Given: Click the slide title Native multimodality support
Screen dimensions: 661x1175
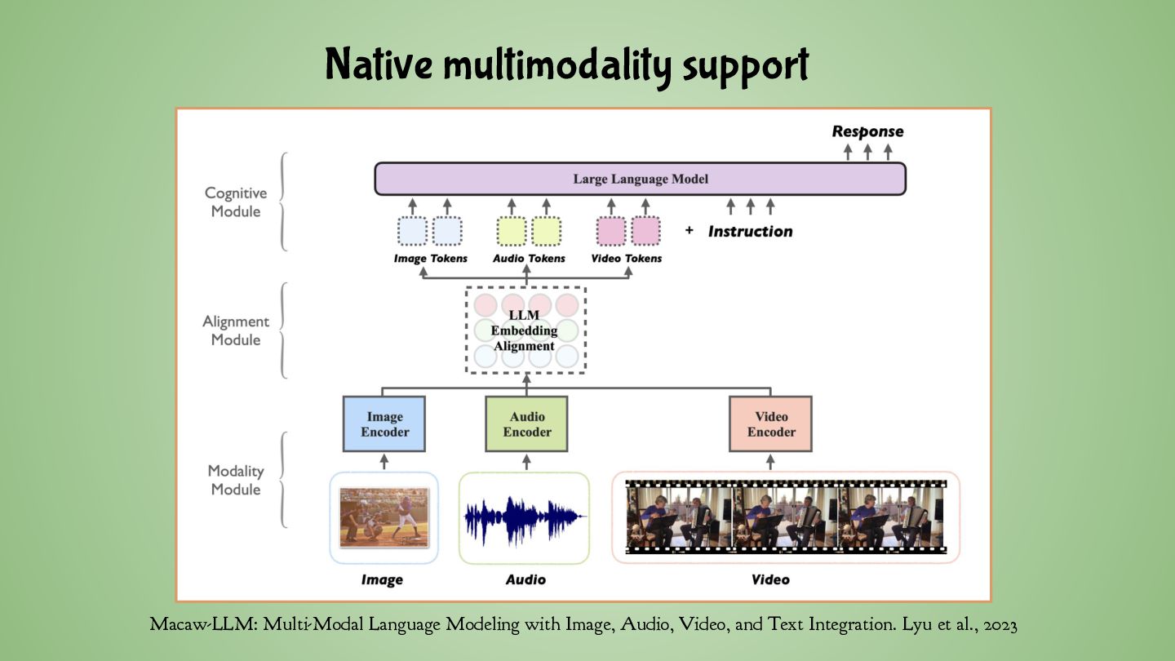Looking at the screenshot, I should (x=566, y=66).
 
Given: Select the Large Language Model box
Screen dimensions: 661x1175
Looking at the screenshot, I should (x=640, y=179).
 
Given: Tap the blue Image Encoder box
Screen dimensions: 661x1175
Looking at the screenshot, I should (x=384, y=424).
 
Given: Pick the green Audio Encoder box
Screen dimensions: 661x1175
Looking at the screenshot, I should (x=526, y=424).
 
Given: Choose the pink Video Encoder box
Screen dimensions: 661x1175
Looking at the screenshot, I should (x=770, y=424).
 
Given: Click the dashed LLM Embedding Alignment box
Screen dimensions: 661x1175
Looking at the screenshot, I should (x=525, y=330).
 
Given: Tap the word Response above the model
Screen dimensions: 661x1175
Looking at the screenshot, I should (x=867, y=131).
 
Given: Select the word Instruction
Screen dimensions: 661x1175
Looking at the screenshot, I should (x=750, y=231).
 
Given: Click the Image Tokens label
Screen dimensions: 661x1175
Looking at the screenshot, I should (x=430, y=259).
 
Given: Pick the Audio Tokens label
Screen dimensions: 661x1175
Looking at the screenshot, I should (x=529, y=259).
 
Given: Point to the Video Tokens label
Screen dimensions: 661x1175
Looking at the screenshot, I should (x=626, y=259).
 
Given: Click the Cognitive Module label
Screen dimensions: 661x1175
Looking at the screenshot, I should (x=235, y=202).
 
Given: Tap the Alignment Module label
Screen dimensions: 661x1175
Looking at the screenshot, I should (x=235, y=330).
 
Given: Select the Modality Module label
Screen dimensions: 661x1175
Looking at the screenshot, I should (x=235, y=480).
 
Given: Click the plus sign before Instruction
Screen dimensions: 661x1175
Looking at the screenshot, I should (x=689, y=231).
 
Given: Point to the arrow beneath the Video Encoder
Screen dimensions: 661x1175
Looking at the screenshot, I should (x=770, y=462).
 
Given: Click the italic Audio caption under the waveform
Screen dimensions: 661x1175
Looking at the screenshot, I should (x=525, y=579).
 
